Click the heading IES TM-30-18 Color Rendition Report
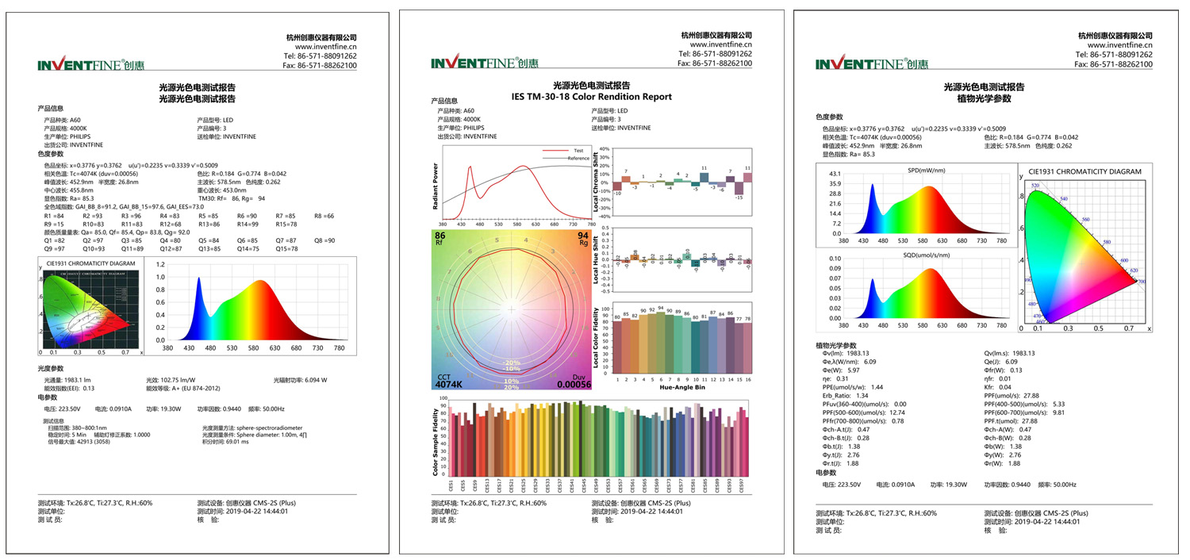[592, 97]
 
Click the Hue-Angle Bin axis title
[681, 389]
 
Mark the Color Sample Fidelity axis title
[436, 442]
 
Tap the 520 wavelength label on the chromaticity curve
[1035, 185]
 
